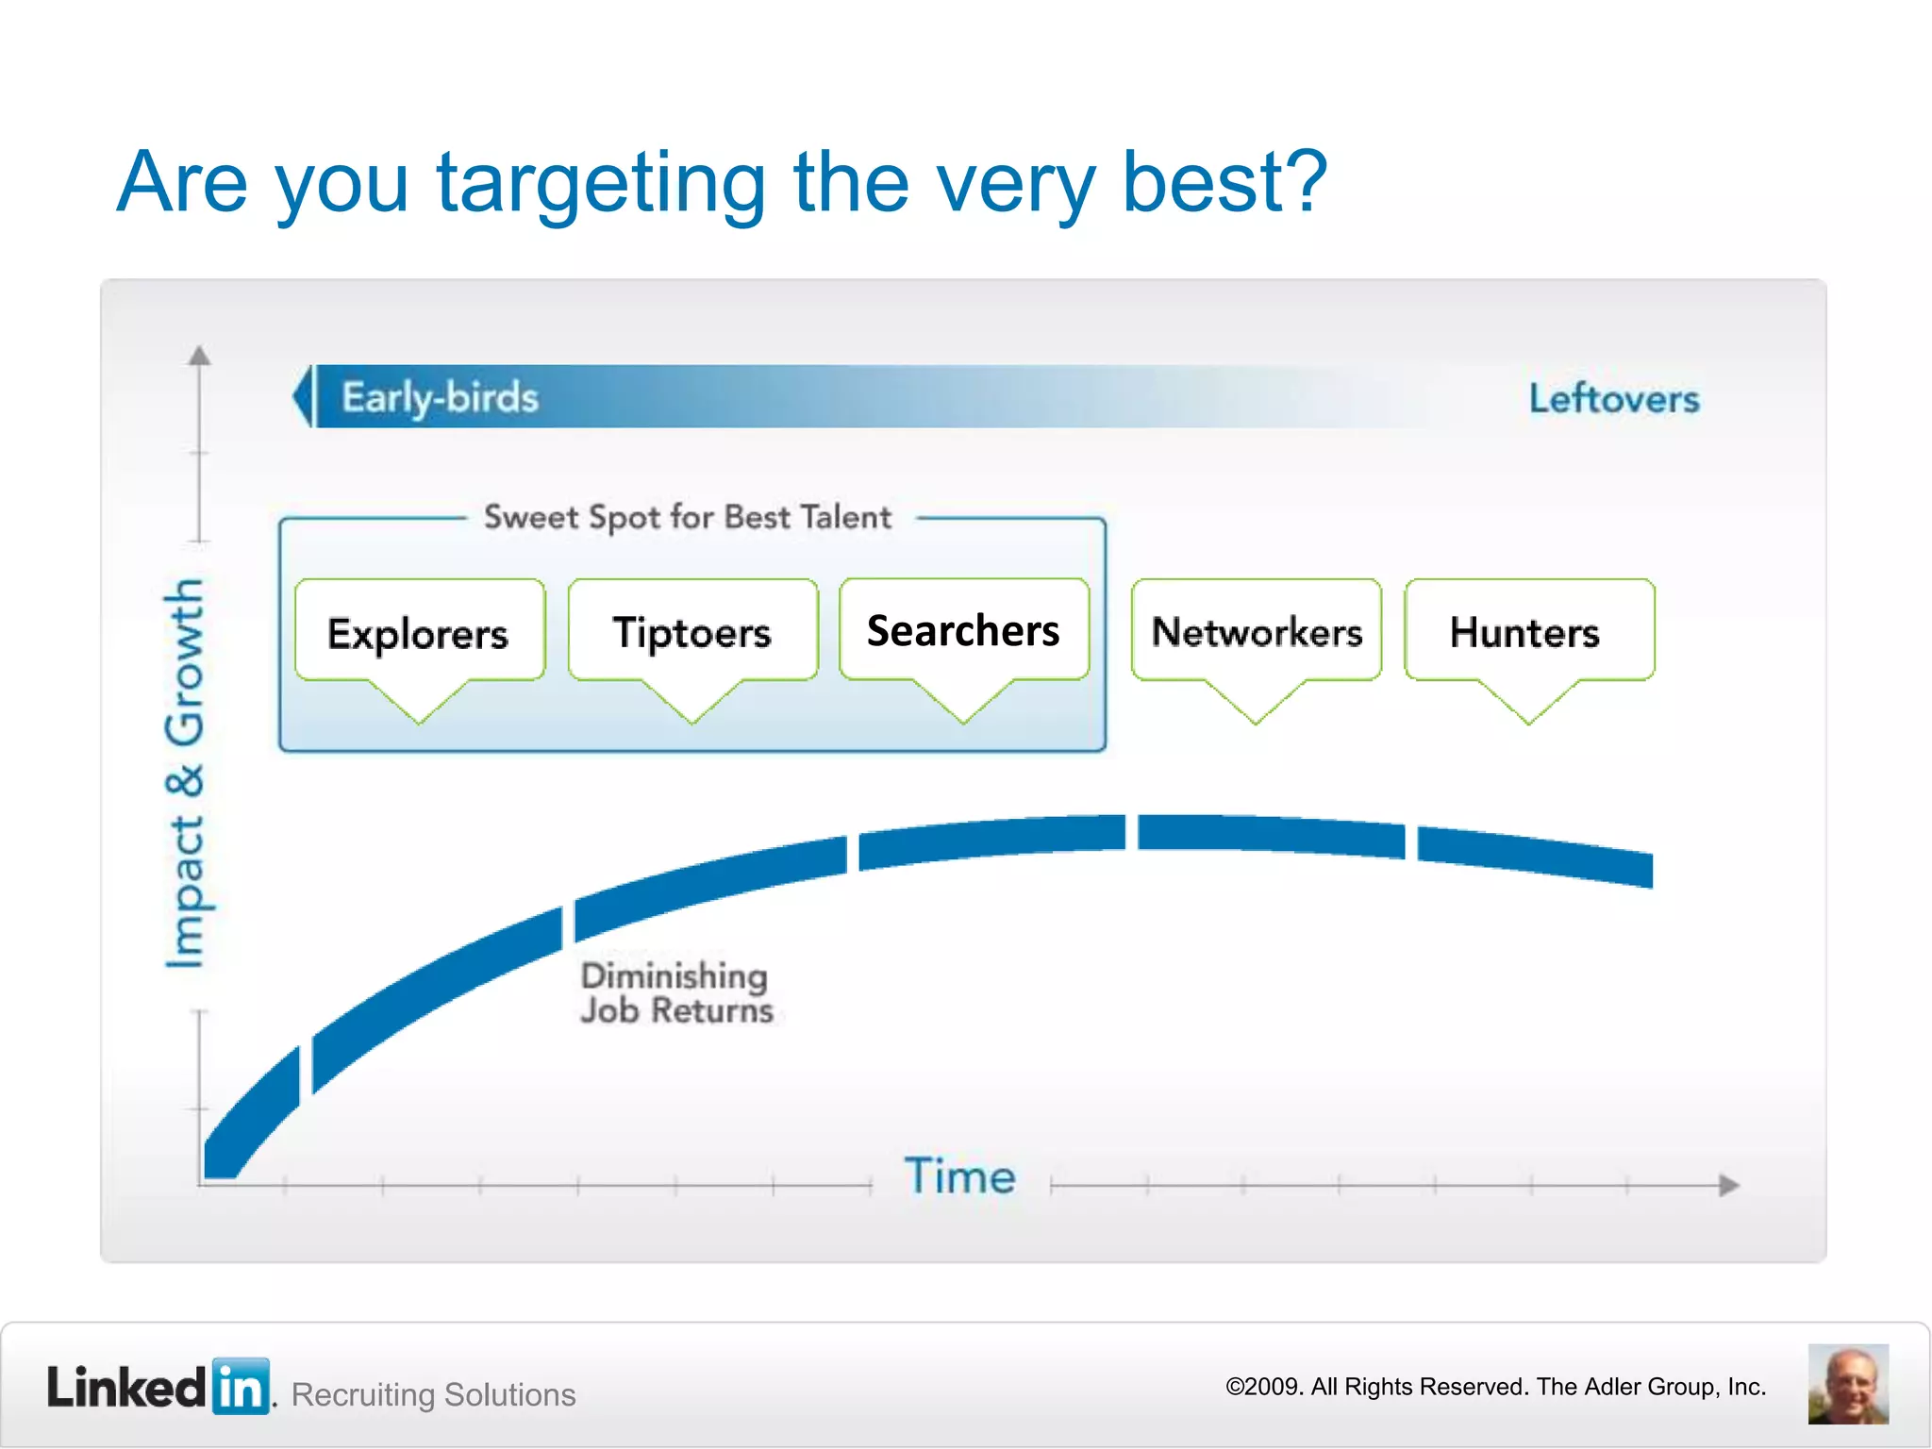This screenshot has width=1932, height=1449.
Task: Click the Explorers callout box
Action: [419, 632]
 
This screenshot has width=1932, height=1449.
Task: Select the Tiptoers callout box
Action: [692, 632]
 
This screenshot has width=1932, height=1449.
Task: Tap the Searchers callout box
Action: [963, 630]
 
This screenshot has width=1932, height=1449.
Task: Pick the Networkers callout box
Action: [1257, 632]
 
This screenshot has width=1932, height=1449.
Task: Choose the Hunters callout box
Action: [1528, 632]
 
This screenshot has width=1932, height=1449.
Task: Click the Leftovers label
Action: [1614, 399]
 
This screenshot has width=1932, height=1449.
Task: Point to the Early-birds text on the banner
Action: [441, 398]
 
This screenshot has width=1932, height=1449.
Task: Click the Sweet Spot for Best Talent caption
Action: [688, 518]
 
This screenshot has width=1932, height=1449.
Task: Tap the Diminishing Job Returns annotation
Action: [675, 992]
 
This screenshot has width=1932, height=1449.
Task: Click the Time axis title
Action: [959, 1176]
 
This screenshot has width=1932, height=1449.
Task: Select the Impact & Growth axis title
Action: [184, 774]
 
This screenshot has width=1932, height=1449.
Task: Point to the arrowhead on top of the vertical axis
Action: [199, 356]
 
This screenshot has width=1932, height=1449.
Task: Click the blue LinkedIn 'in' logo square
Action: [241, 1387]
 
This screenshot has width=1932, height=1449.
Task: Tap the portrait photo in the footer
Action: [1847, 1384]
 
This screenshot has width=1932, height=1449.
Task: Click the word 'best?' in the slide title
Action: [1224, 182]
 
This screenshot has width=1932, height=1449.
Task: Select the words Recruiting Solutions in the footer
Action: [433, 1394]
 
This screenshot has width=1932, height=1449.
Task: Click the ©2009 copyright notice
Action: [1494, 1387]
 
